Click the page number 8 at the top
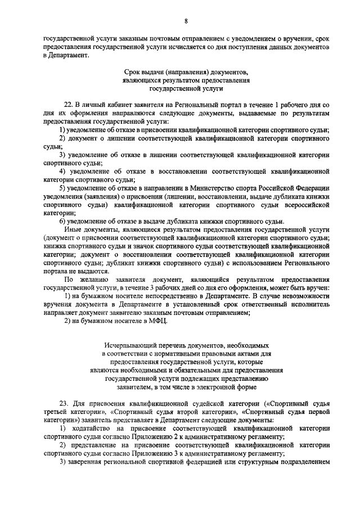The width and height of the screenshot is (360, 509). tap(185, 22)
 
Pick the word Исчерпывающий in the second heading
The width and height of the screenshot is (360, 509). tap(130, 344)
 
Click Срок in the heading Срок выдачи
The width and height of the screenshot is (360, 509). tap(132, 73)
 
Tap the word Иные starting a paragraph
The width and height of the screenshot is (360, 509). tap(73, 229)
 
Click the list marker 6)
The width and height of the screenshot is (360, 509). tap(62, 221)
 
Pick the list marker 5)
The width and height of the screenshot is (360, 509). tap(62, 188)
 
